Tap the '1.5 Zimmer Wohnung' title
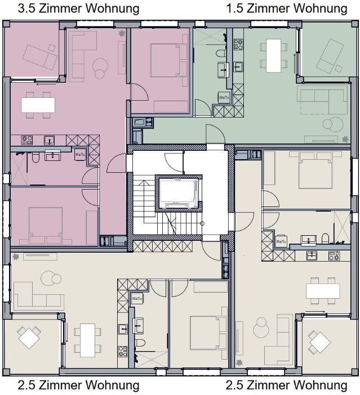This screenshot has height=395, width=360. (286, 9)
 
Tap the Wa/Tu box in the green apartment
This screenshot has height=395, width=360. (223, 97)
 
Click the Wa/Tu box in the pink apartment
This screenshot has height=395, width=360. (81, 153)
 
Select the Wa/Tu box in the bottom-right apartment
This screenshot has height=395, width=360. (281, 241)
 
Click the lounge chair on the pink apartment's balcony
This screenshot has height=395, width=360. (37, 53)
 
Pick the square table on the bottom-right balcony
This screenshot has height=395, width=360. (319, 341)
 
